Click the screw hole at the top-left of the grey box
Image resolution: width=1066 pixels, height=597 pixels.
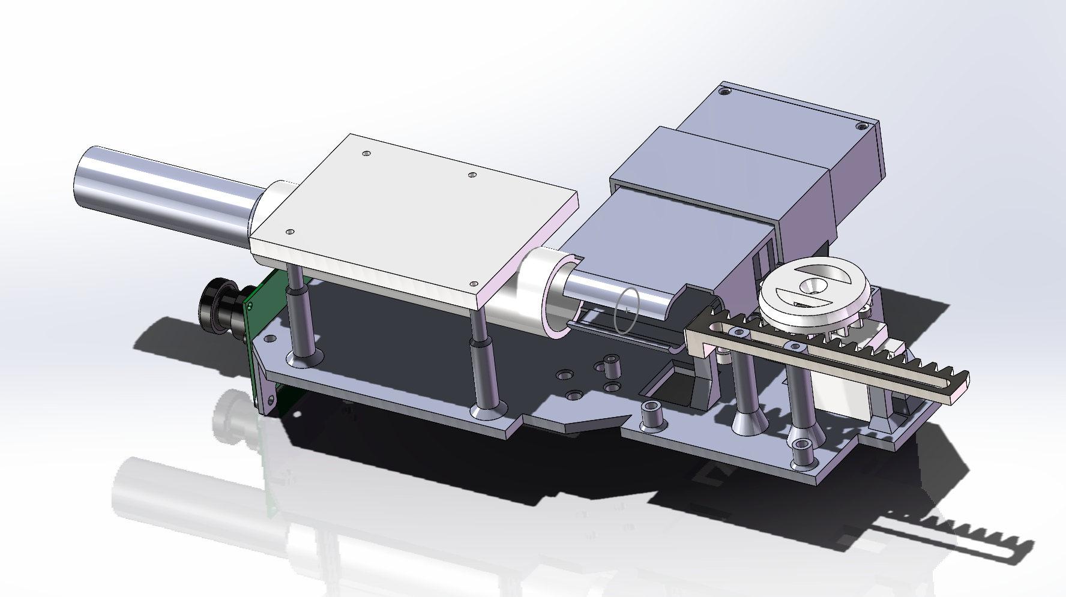point(725,91)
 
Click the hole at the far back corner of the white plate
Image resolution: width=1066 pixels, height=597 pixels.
point(366,154)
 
